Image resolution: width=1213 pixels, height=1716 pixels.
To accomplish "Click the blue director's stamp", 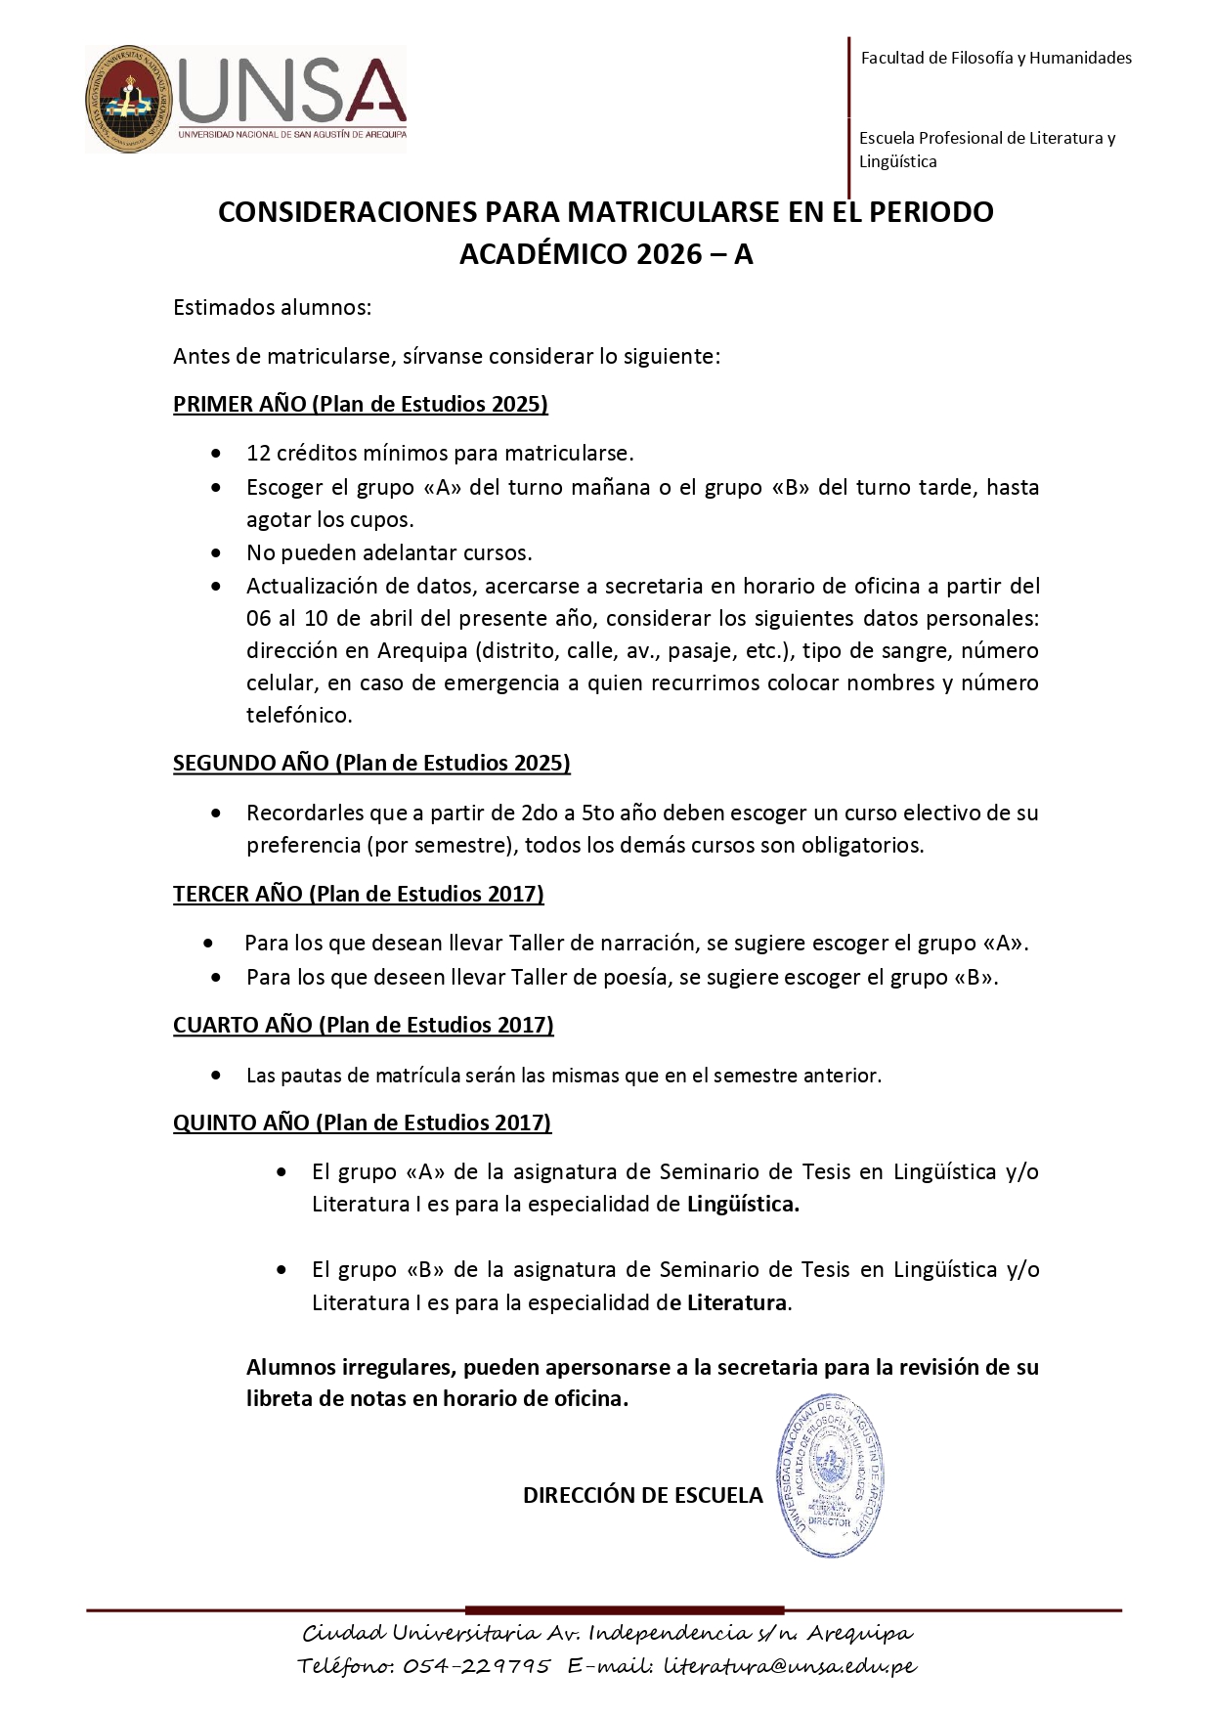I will coord(830,1477).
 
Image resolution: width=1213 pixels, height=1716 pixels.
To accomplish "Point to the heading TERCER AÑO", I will coord(238,894).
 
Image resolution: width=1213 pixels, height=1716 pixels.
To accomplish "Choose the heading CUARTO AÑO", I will coord(242,1025).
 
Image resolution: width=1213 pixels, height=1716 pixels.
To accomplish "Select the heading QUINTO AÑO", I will coord(241,1122).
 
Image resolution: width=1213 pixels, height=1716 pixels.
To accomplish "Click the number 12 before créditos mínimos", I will coord(258,454).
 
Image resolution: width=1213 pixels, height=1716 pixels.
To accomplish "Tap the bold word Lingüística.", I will coord(743,1205).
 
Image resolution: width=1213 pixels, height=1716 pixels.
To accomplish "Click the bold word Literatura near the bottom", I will coord(737,1302).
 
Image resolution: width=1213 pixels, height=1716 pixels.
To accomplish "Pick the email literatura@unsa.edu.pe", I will coord(790,1665).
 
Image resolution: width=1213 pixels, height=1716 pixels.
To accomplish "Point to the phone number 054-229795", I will coord(477,1665).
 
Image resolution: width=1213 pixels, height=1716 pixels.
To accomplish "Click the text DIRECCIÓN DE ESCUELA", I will coord(642,1495).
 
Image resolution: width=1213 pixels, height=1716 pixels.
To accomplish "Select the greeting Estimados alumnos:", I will coord(273,307).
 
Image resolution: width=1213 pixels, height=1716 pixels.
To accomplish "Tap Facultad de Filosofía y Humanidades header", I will coord(996,58).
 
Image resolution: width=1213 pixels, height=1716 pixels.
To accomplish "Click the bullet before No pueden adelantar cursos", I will coord(216,553).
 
